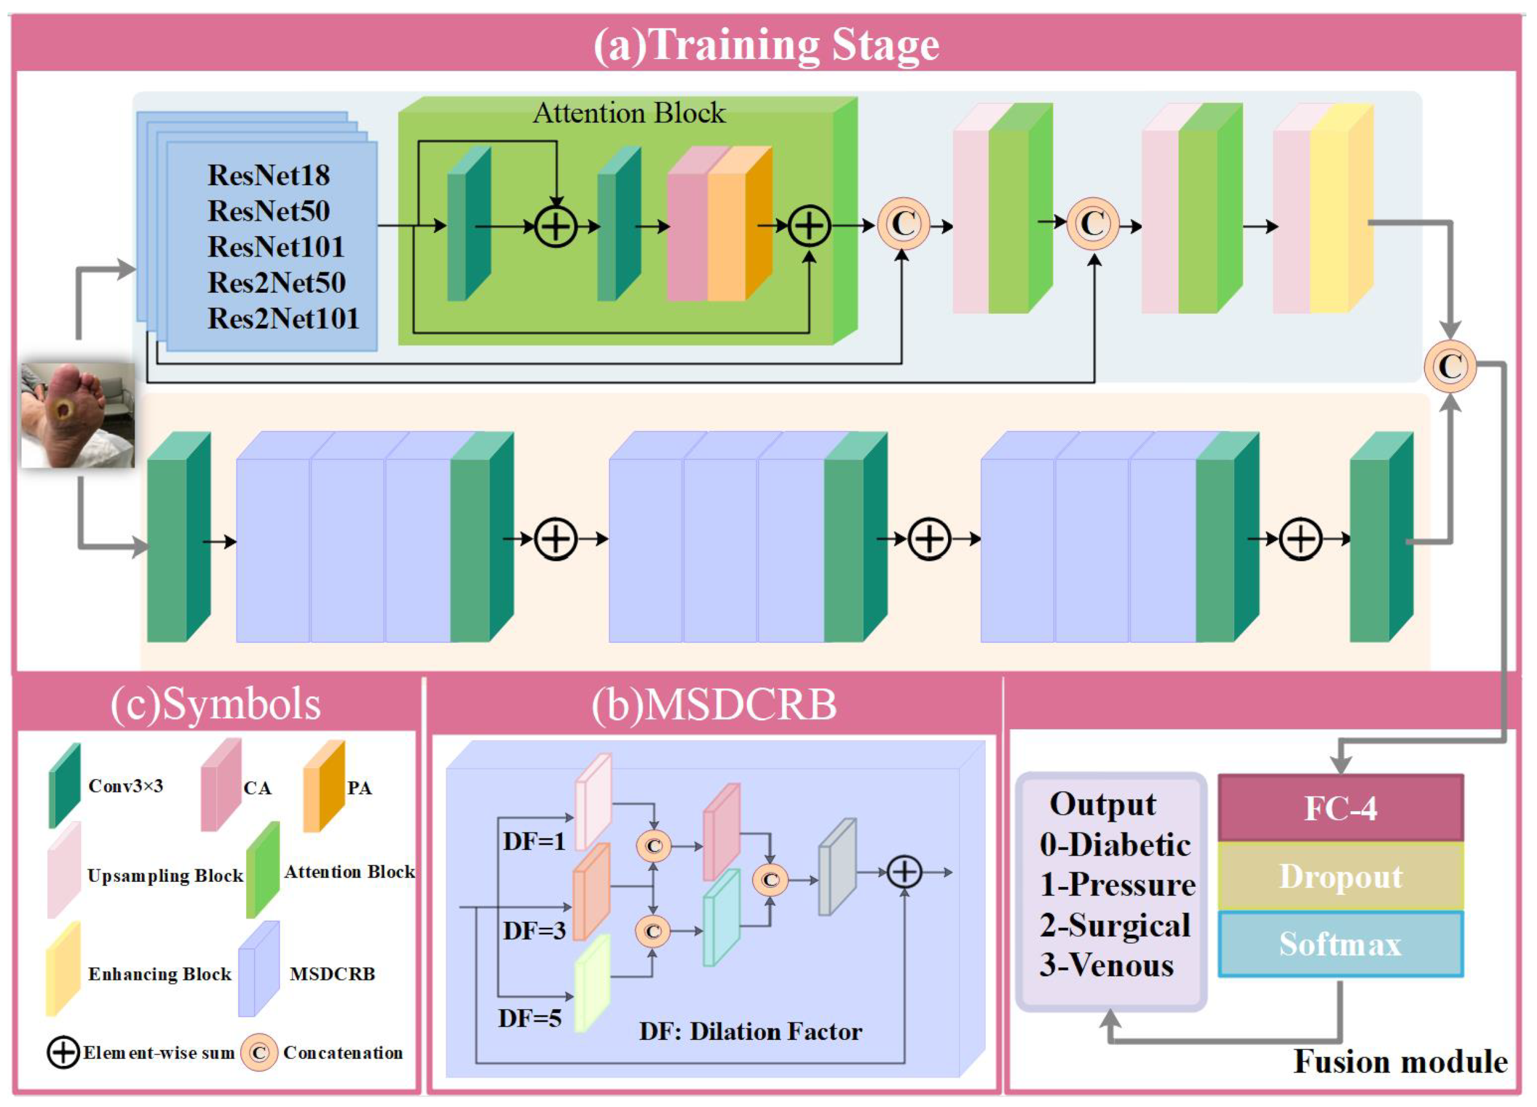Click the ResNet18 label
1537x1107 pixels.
[269, 175]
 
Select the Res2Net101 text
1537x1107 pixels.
[283, 319]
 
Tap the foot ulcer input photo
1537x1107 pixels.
[77, 415]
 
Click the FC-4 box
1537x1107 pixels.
[1340, 808]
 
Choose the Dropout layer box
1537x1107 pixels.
[1340, 876]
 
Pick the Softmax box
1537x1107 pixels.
[1340, 943]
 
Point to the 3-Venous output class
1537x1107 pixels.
[1106, 965]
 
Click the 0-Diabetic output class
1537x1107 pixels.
[1115, 844]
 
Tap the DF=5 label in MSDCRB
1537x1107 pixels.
[529, 1018]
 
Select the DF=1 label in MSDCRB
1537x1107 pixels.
[534, 841]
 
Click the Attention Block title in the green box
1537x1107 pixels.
[629, 113]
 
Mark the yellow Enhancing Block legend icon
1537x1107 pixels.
[63, 969]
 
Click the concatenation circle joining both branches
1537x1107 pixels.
[1449, 367]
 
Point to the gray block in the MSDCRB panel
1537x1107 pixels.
[837, 868]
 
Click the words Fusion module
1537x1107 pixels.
[1400, 1061]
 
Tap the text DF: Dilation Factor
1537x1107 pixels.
[750, 1031]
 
